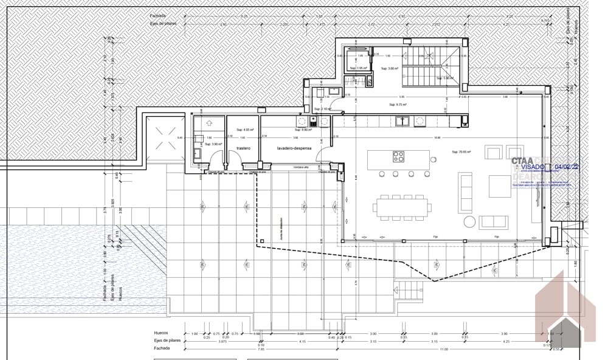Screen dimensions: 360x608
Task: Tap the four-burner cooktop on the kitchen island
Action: [x=399, y=157]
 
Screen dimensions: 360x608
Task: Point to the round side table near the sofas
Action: [x=469, y=220]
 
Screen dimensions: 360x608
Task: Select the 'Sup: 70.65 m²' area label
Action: [x=462, y=152]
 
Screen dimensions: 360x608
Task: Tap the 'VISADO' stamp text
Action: [x=531, y=165]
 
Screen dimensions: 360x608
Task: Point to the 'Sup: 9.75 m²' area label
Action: [x=397, y=104]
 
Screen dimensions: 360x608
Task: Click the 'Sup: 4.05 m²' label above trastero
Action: [x=244, y=130]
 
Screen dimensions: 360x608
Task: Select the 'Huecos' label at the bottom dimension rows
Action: [x=161, y=334]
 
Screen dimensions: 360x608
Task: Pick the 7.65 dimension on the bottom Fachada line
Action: [x=261, y=349]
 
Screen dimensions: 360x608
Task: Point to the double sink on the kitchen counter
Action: [x=402, y=121]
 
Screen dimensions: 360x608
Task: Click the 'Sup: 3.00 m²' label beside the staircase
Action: [x=389, y=69]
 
